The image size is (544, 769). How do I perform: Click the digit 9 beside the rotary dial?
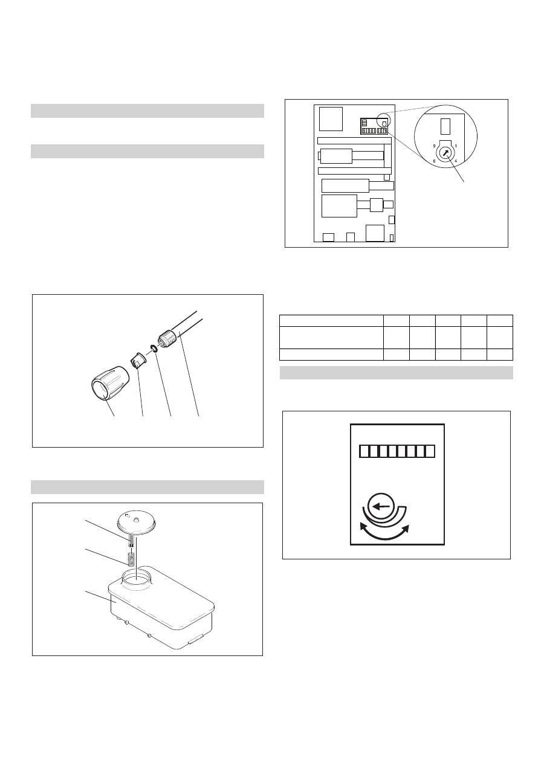pos(435,146)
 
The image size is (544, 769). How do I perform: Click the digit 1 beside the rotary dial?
pos(456,146)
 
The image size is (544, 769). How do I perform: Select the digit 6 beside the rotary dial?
pos(435,161)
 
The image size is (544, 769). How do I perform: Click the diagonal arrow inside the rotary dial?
pos(445,153)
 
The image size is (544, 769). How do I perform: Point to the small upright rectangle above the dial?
pos(445,127)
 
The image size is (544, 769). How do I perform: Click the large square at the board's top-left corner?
pos(331,119)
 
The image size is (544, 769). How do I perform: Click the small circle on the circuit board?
pos(384,120)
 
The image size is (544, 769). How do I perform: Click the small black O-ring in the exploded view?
pos(154,349)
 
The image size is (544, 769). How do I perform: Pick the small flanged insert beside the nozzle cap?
pos(138,359)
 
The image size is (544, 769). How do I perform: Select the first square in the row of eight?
pos(364,451)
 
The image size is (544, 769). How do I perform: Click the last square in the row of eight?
pos(430,451)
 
